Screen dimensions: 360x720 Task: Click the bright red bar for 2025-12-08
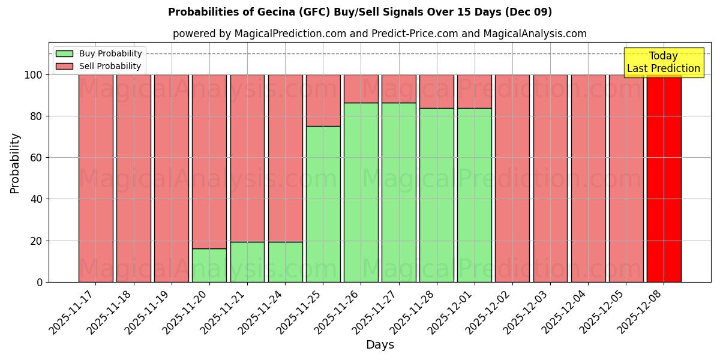[664, 178]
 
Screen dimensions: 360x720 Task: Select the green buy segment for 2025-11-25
[323, 204]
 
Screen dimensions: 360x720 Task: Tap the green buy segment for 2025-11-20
[209, 265]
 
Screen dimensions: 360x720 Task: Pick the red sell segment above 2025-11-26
[361, 89]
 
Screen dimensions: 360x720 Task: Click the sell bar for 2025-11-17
[95, 178]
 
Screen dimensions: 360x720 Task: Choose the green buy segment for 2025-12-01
[475, 195]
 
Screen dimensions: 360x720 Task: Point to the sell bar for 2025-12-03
[550, 178]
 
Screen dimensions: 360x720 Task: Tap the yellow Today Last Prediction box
[663, 62]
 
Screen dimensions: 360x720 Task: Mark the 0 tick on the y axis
[40, 283]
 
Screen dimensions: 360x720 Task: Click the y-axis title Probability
[15, 163]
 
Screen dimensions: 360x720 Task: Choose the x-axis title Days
[380, 345]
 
